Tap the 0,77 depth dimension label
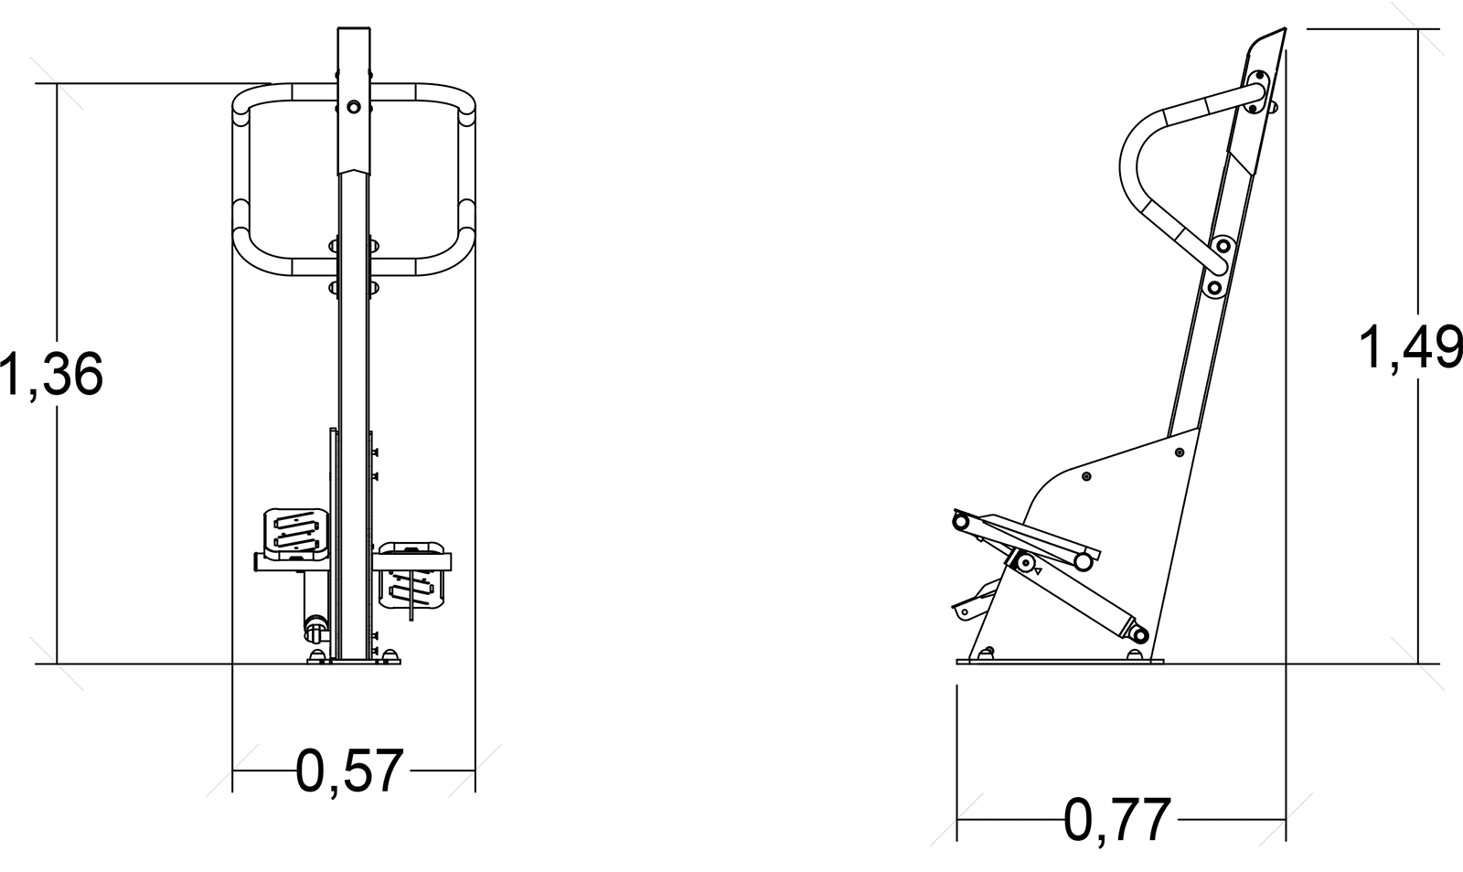(1117, 821)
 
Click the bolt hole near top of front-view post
(353, 106)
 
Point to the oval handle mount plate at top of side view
(1255, 92)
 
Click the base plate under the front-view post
(354, 661)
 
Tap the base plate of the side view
(1060, 661)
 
